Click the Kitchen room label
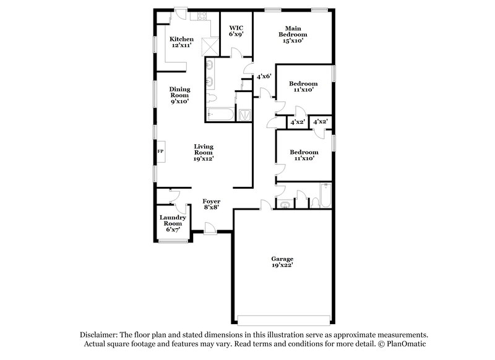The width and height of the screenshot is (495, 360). click(x=181, y=39)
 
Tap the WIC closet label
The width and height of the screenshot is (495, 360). click(x=236, y=28)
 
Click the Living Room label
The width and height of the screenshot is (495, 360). click(x=204, y=150)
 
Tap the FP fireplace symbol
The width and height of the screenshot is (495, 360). click(x=160, y=151)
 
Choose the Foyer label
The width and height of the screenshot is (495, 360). click(x=212, y=202)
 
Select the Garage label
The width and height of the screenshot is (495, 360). click(x=282, y=259)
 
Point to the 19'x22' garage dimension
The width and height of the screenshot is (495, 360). click(x=282, y=265)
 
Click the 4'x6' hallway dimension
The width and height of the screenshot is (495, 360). click(x=265, y=76)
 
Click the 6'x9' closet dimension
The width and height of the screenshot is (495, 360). click(x=236, y=34)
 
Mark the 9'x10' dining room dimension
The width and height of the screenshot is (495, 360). click(x=180, y=101)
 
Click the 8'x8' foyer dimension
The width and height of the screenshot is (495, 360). click(x=212, y=208)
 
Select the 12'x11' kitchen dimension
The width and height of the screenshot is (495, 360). click(x=181, y=45)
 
